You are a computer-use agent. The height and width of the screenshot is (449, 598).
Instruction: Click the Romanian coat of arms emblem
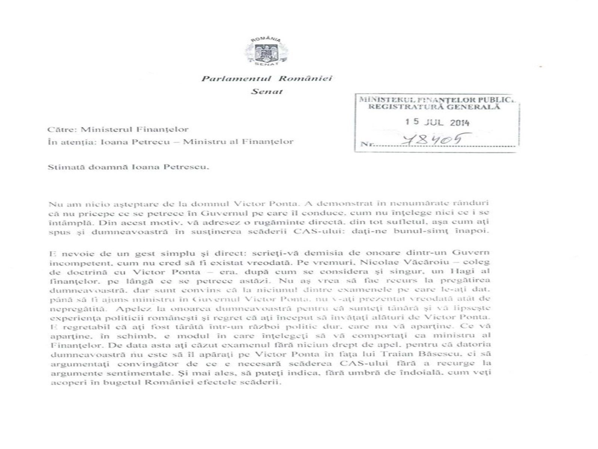[266, 53]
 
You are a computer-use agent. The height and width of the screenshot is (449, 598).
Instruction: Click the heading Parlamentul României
[266, 79]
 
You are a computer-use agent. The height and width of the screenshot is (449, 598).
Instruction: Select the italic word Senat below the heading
[266, 91]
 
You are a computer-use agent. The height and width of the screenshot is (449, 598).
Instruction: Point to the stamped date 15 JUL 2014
[438, 122]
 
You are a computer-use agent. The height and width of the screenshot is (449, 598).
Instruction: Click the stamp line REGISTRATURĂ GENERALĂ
[434, 107]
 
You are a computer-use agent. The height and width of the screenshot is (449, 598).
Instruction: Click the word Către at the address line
[62, 129]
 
